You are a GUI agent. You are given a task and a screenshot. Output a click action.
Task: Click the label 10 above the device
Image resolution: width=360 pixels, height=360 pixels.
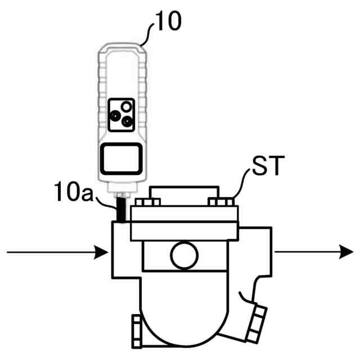tap(168, 23)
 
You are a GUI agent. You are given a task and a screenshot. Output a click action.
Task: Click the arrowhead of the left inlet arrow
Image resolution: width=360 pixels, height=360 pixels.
tap(103, 253)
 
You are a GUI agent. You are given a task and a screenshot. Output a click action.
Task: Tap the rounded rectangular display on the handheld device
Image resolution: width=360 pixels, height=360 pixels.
tap(120, 160)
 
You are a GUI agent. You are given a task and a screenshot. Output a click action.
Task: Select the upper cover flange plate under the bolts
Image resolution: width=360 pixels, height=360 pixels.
tap(184, 214)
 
